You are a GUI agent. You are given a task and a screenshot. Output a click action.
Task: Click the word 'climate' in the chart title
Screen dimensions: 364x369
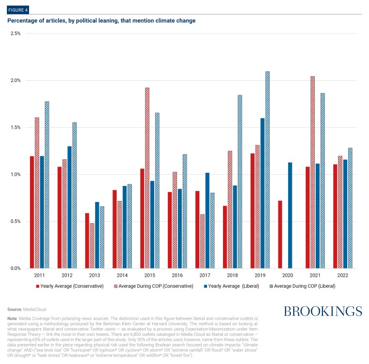click(170, 21)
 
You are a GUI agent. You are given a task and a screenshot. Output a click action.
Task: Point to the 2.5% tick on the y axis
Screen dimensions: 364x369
click(15, 33)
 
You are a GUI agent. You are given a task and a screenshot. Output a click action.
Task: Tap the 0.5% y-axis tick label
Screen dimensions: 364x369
click(15, 221)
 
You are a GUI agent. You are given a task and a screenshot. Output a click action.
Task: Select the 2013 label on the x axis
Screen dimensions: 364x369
click(95, 275)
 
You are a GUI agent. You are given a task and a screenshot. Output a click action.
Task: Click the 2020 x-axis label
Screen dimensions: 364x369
click(288, 275)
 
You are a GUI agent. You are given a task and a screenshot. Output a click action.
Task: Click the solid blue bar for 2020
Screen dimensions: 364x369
click(290, 215)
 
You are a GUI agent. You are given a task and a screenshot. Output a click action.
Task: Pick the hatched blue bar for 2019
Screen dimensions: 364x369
click(267, 170)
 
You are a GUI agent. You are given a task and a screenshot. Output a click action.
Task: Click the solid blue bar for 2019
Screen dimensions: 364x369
click(262, 193)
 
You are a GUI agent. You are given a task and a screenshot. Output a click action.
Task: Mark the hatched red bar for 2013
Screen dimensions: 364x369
click(92, 246)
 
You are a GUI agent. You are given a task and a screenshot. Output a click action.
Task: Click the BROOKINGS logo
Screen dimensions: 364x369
click(322, 311)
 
